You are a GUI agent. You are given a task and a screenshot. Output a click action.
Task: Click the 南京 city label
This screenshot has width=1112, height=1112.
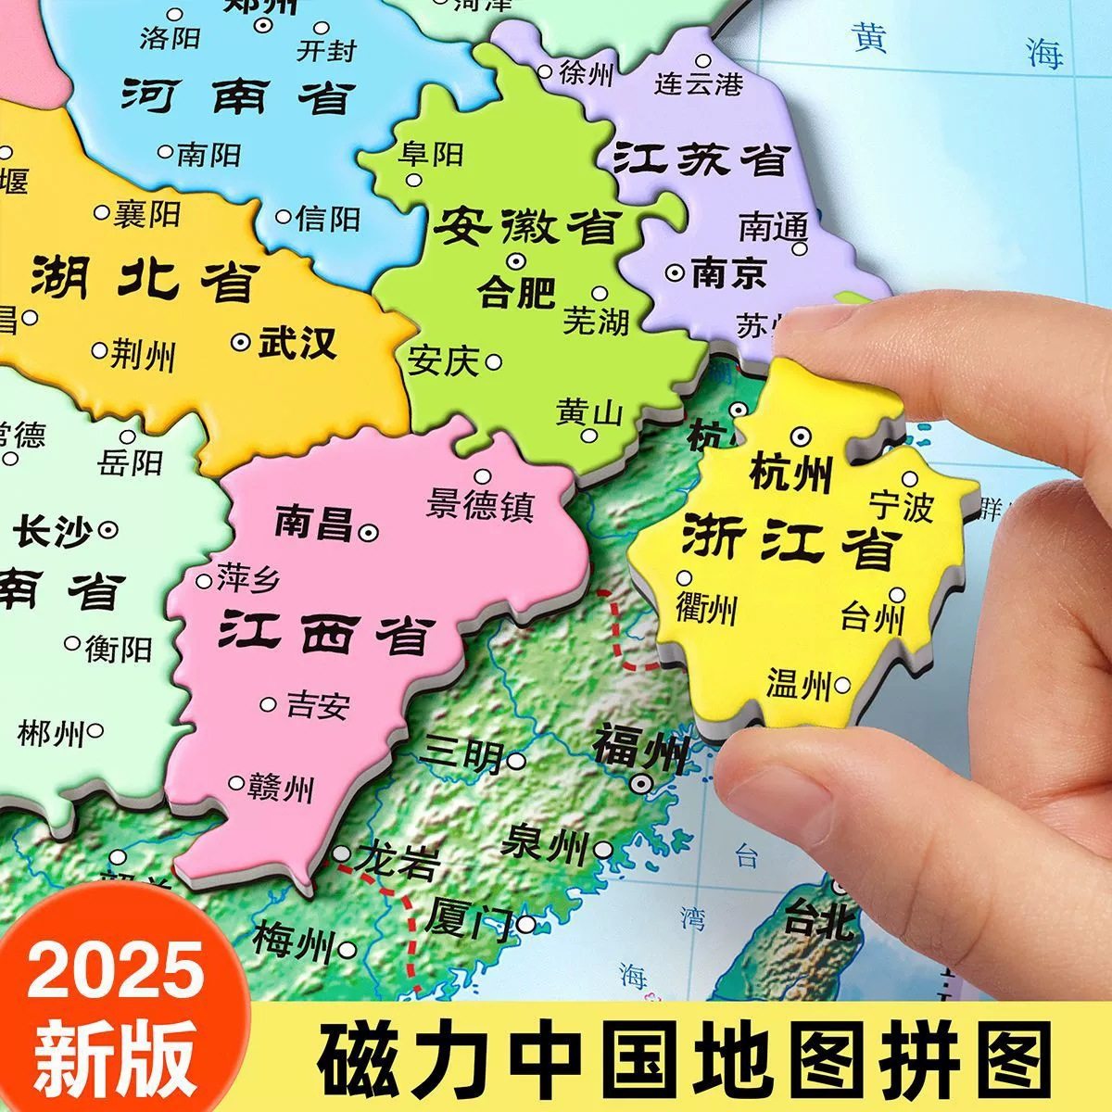(729, 273)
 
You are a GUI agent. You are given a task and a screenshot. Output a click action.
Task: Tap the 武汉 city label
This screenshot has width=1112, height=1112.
(297, 343)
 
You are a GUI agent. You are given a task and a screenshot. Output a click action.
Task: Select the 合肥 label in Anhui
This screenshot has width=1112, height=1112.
(516, 293)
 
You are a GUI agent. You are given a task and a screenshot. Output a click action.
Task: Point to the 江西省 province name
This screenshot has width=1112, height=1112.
(326, 636)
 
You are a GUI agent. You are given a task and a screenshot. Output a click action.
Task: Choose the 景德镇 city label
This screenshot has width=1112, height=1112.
(480, 505)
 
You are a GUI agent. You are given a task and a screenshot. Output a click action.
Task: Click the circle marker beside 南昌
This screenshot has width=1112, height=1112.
(369, 532)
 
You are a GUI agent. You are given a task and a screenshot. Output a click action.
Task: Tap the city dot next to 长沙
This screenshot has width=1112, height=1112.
(109, 530)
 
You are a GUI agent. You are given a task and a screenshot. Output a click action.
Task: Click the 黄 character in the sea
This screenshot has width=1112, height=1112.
(871, 42)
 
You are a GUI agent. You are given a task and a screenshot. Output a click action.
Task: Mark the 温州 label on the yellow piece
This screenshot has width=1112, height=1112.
(798, 685)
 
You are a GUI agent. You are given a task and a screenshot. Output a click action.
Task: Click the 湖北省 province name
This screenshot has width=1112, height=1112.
(144, 277)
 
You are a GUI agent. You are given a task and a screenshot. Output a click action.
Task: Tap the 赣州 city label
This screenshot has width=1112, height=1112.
(281, 790)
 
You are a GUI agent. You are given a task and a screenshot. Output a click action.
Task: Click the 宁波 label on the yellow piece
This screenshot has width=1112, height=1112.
(900, 507)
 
